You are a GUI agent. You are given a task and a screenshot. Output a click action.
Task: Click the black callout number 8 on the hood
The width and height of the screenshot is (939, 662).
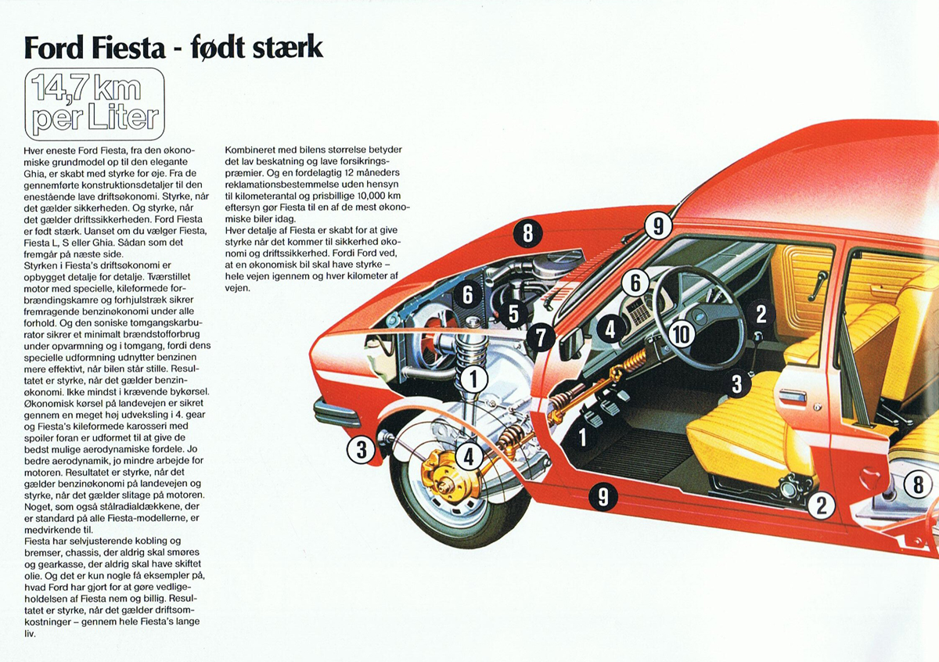tap(528, 232)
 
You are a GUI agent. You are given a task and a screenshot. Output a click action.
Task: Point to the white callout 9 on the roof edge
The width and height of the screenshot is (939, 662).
tap(658, 227)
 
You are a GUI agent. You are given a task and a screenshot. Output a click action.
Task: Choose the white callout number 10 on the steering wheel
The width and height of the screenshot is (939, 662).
tap(682, 334)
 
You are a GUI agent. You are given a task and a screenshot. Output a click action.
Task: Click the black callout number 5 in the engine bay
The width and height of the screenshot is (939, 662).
tap(513, 315)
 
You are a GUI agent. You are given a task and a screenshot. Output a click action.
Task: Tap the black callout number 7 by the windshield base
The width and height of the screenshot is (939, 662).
tap(541, 337)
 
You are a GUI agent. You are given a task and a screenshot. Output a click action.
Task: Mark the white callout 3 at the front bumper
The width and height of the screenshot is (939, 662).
tap(362, 449)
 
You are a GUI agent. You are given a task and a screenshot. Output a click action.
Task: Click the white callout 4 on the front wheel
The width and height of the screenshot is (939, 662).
tap(469, 457)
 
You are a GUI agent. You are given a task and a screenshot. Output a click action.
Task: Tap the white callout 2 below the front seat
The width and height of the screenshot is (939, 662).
tap(821, 505)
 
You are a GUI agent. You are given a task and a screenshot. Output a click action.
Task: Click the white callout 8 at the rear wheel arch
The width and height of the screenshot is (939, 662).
tap(919, 485)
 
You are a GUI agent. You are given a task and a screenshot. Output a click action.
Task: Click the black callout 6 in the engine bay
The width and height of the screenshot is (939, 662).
tap(468, 294)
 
